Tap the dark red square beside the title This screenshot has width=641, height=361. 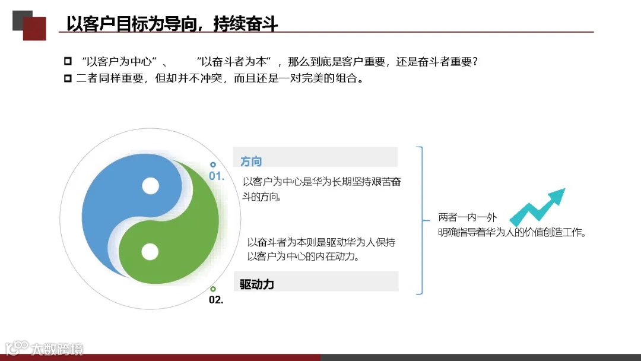pos(34,28)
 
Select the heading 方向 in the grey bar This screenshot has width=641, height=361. pos(251,161)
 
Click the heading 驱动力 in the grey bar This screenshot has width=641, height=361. pos(257,284)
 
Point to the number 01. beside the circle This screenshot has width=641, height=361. pos(217,176)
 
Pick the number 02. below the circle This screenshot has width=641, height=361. pos(216,300)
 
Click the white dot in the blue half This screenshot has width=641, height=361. pos(151,186)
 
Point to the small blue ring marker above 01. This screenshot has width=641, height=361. pos(213,164)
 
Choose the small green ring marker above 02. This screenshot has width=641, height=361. pos(213,289)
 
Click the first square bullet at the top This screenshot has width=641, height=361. pos(68,61)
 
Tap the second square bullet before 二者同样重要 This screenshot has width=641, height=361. pos(68,78)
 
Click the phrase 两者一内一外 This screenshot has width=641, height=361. pos(467,217)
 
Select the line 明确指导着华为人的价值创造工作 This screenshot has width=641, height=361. pos(512,233)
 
